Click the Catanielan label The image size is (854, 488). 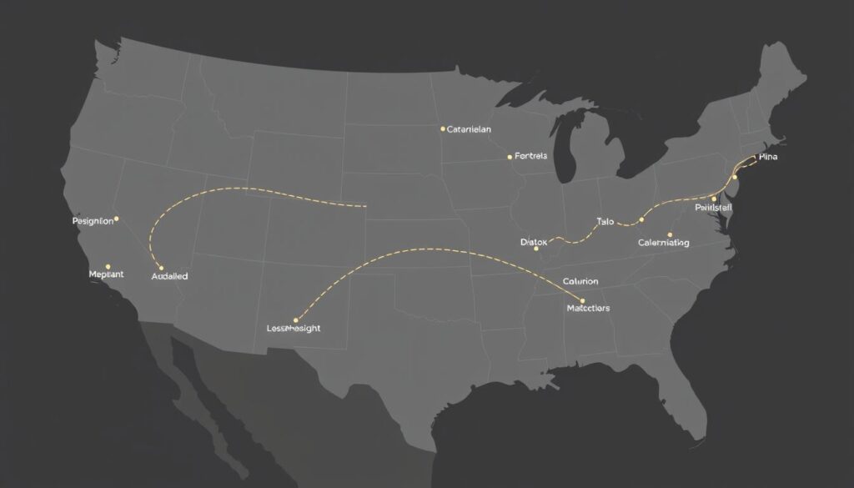point(470,129)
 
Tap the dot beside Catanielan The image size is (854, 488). point(442,129)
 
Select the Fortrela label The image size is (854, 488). point(531,156)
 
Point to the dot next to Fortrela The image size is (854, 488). point(510,156)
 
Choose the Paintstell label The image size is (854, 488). point(713,207)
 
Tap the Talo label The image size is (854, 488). point(605,222)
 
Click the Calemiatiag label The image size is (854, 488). point(664,243)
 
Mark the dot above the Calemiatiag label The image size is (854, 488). point(670,234)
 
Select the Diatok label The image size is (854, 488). point(534,242)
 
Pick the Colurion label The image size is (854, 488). point(580,282)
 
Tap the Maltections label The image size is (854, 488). point(588,308)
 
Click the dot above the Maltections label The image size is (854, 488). point(582,300)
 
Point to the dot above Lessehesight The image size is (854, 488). point(296,319)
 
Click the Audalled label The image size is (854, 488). point(170,275)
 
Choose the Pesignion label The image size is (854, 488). point(93,222)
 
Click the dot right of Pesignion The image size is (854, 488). point(117,219)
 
